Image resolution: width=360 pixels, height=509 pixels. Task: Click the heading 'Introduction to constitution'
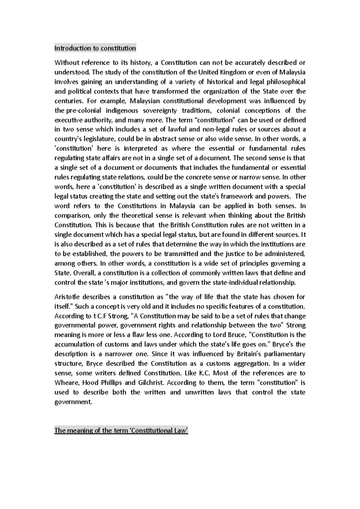pyautogui.click(x=95, y=48)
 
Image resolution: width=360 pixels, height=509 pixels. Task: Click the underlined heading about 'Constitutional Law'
pyautogui.click(x=121, y=431)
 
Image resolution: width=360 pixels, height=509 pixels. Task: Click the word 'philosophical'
pyautogui.click(x=286, y=82)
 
